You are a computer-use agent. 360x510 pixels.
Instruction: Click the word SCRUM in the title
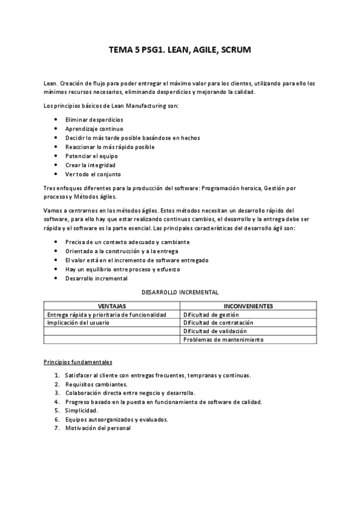(x=235, y=51)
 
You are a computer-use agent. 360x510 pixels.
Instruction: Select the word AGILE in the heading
(x=201, y=51)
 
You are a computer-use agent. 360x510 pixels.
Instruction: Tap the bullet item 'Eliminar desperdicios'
(x=94, y=120)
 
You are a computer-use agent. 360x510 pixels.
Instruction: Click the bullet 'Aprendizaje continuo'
(x=94, y=129)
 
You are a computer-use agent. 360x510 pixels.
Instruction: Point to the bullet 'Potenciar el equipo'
(x=91, y=156)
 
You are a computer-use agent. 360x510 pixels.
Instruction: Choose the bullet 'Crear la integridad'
(x=90, y=165)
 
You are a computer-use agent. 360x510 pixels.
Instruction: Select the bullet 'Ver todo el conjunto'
(x=93, y=174)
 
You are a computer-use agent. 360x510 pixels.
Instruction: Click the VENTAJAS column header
(x=112, y=306)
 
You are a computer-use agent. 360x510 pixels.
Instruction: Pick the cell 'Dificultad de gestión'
(x=211, y=314)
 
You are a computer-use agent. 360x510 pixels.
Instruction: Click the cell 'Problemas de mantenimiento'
(x=224, y=339)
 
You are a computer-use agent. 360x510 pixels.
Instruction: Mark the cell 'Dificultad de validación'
(x=215, y=331)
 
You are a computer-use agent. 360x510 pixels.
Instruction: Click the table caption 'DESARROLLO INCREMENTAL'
(x=179, y=292)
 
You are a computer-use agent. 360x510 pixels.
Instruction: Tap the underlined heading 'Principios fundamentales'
(x=78, y=362)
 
